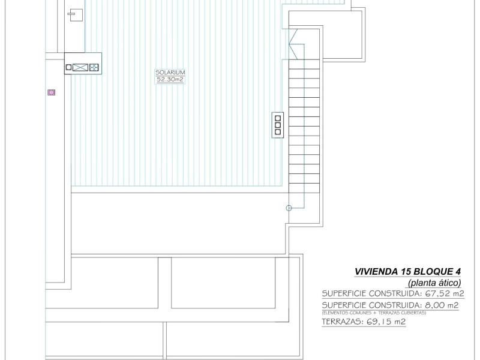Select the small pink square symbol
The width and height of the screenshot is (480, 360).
pos(51,92)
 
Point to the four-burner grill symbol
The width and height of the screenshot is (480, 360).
pos(94,68)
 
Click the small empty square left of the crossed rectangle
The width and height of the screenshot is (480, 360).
pos(68,68)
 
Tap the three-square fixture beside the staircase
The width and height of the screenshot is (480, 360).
pos(277,124)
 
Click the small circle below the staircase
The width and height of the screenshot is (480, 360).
pos(289,208)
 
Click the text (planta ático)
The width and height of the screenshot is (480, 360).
pos(434,282)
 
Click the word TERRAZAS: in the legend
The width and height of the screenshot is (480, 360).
pos(342,322)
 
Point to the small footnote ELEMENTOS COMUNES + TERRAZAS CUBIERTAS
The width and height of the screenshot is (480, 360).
pos(374,313)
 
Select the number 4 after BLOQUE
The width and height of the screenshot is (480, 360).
pos(457,271)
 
